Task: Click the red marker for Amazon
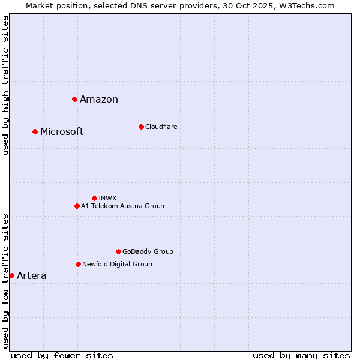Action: coord(74,99)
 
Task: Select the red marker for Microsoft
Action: coord(35,131)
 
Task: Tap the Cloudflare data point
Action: coord(141,127)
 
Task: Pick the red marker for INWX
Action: coord(94,198)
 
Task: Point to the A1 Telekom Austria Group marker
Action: coord(77,206)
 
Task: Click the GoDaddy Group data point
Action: coord(118,251)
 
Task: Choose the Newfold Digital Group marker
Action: coord(78,264)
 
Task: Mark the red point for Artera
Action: coord(11,275)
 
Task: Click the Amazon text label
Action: coord(99,100)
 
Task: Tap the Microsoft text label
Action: coord(62,132)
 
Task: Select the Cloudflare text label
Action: coord(161,127)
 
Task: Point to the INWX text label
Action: coord(107,198)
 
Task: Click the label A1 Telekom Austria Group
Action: coord(122,206)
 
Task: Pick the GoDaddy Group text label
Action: coord(148,251)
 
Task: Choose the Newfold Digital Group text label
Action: coord(117,264)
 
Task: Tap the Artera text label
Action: coord(31,276)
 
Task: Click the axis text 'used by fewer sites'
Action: coord(62,355)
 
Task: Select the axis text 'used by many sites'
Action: coord(301,355)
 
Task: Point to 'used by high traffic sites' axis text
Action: coord(6,85)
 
